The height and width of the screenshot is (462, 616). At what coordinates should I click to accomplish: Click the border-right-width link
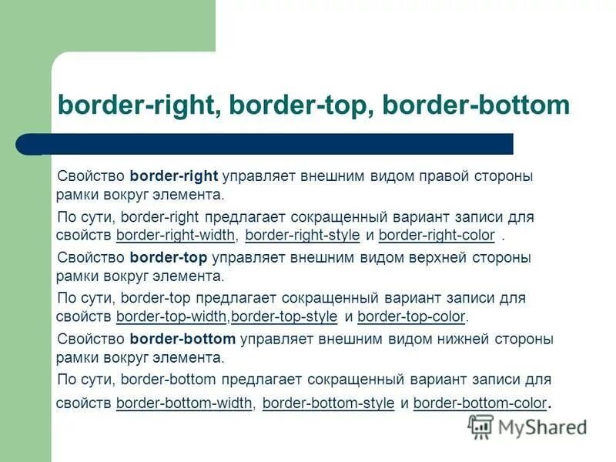(176, 235)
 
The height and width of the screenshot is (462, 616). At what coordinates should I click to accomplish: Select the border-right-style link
(303, 235)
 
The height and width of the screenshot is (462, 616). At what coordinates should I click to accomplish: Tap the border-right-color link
(437, 235)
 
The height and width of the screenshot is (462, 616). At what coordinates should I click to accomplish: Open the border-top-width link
(172, 316)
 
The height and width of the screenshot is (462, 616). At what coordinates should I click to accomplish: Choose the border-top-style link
(284, 316)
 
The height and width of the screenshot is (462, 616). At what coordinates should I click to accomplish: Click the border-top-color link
(411, 316)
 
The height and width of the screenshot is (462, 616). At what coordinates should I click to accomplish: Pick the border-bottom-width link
(184, 402)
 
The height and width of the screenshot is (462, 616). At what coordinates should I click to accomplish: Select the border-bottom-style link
(329, 402)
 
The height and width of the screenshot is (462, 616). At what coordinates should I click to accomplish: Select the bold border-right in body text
(175, 176)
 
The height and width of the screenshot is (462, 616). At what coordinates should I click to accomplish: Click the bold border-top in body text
(169, 257)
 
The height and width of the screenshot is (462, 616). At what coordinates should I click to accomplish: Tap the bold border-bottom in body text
(182, 339)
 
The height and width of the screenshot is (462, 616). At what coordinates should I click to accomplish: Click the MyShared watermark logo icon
(481, 426)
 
